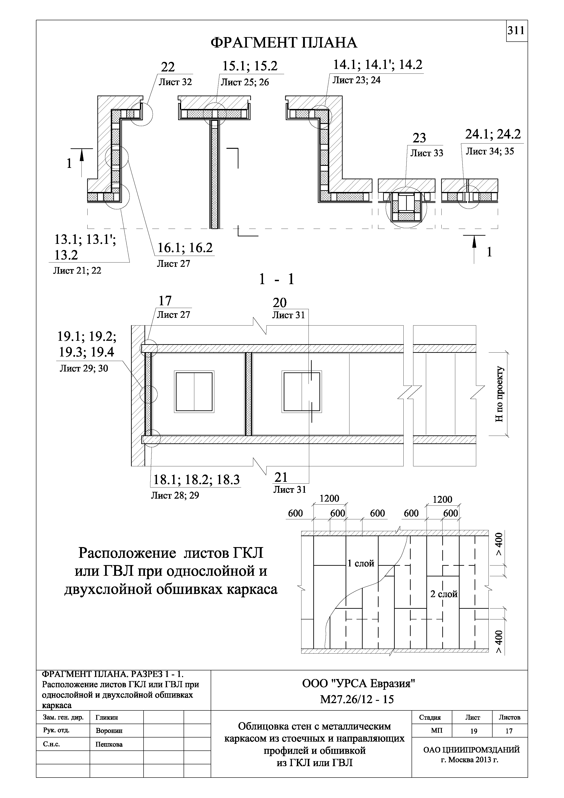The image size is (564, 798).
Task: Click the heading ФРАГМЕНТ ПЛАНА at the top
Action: [x=284, y=43]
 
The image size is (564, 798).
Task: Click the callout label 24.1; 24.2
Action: [x=493, y=134]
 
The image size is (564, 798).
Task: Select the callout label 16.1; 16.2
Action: [x=185, y=248]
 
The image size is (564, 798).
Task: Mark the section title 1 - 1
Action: [x=277, y=279]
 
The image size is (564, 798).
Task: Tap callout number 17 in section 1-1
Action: [x=165, y=301]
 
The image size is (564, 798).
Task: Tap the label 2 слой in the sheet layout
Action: [x=444, y=594]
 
